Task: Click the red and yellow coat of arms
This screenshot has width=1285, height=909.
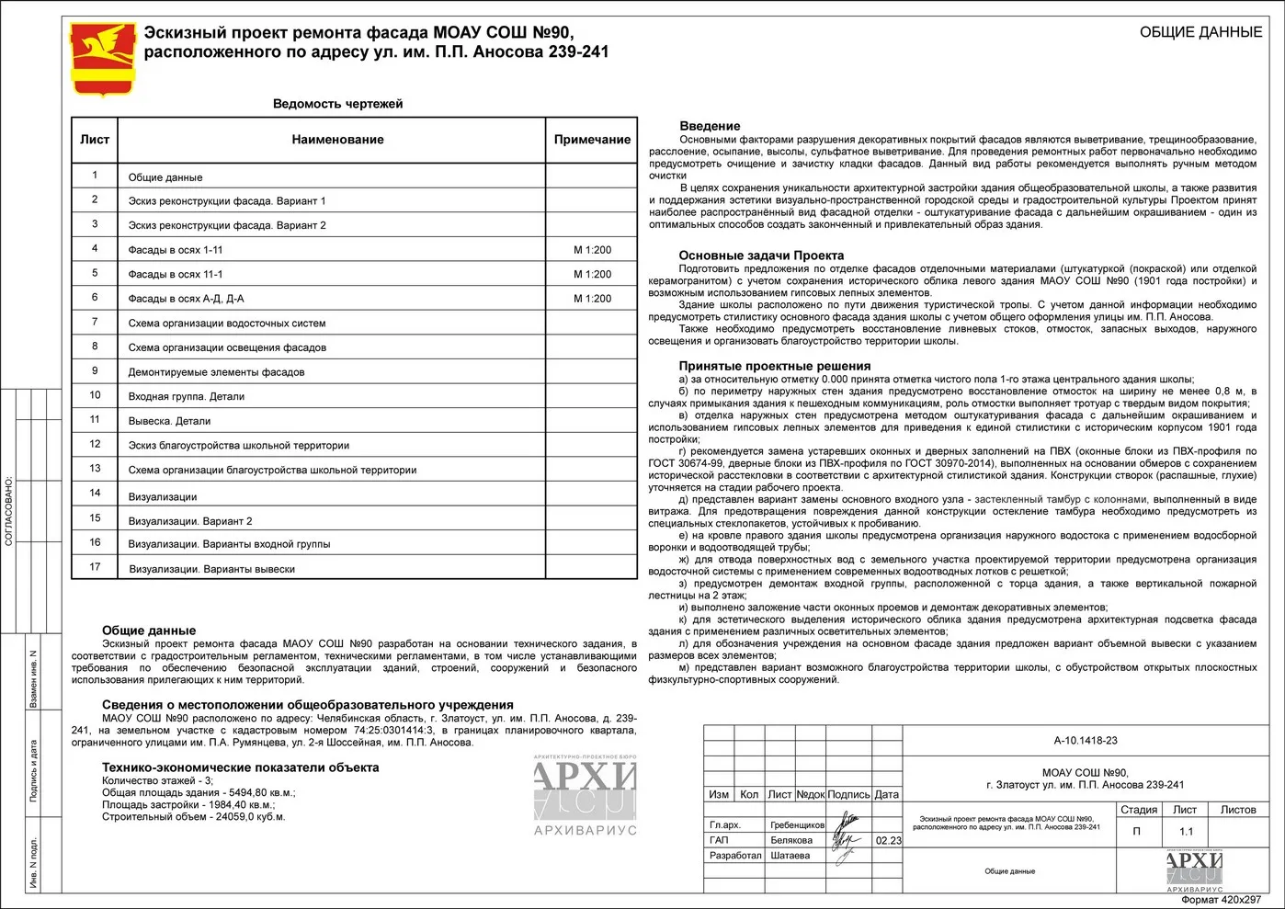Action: coord(103,59)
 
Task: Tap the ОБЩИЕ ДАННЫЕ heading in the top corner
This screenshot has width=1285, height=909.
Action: coord(1200,32)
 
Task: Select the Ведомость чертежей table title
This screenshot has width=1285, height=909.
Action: coord(337,104)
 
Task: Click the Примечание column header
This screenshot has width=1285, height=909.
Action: coord(592,140)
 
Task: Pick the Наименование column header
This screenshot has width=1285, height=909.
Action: coord(337,140)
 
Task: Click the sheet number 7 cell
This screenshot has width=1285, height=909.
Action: coord(95,322)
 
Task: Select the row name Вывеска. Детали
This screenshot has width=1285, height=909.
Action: coord(170,421)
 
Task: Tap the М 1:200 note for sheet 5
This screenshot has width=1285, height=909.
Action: coord(592,274)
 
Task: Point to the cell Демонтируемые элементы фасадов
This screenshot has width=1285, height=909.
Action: coord(216,372)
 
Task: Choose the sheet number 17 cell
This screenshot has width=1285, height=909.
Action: coord(95,567)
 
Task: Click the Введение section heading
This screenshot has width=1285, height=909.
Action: coord(710,126)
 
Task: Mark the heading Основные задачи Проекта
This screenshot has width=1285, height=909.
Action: coord(761,256)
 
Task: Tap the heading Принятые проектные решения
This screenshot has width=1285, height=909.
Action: coord(775,366)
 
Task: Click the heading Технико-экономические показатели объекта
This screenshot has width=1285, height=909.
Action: coord(240,767)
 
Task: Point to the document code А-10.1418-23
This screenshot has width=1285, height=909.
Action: coord(1086,741)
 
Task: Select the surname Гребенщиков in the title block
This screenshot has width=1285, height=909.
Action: coord(797,825)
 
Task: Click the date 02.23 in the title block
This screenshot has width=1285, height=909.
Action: coord(888,840)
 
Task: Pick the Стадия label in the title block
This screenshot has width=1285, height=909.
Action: coord(1138,810)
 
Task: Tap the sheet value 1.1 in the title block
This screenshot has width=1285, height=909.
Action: coord(1186,832)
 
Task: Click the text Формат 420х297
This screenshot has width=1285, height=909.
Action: coord(1220,900)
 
